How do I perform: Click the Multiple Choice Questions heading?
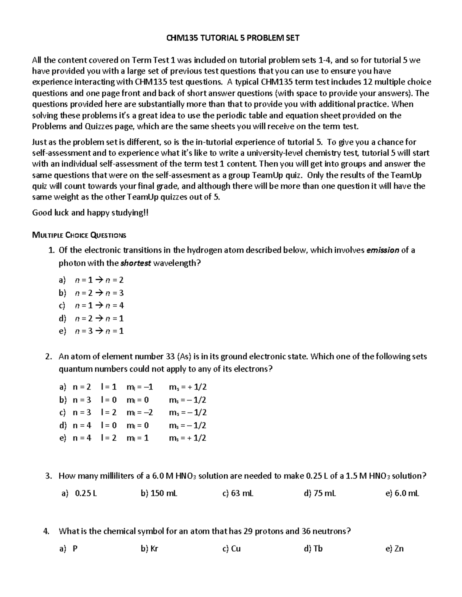pos(79,235)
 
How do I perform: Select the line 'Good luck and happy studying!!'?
pos(90,213)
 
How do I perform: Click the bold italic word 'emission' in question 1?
pos(382,250)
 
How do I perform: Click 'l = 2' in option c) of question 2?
pos(109,412)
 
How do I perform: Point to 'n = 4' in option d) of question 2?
pos(82,425)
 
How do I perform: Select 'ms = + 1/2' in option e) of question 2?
pos(187,438)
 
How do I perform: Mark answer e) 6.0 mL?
pos(402,493)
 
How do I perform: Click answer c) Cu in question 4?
pos(232,549)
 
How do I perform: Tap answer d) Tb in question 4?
pos(313,549)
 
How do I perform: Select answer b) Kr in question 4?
pos(150,549)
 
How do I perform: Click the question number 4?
pos(47,531)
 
